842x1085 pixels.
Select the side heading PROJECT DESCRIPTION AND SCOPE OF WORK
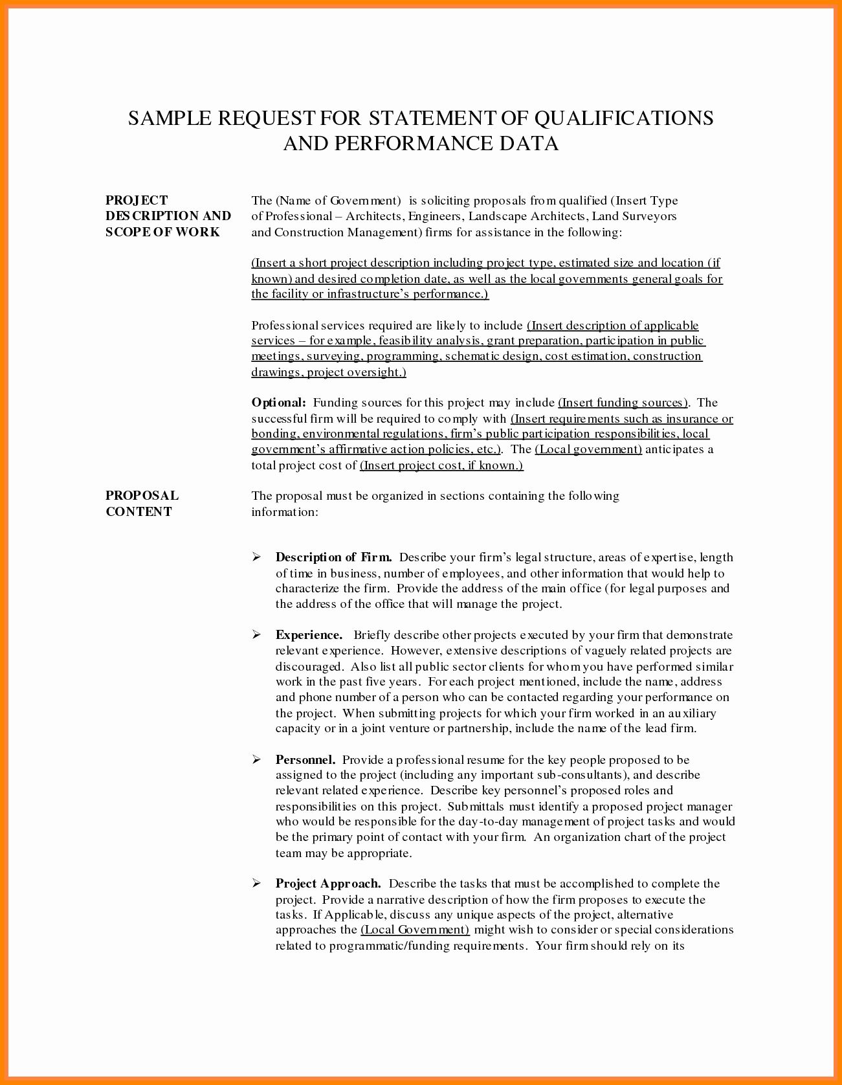(168, 216)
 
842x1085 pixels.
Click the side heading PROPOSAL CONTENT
(142, 503)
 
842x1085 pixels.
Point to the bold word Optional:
(278, 403)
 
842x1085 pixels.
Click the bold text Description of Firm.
(333, 557)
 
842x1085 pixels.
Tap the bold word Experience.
(309, 635)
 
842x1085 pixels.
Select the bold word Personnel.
(305, 759)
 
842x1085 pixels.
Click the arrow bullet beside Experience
(256, 635)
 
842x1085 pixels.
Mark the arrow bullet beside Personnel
(256, 759)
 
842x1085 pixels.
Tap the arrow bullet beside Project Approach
(256, 884)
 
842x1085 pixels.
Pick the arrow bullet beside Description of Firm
(256, 557)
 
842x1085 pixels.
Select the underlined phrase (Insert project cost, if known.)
(441, 465)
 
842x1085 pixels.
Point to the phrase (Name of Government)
(338, 201)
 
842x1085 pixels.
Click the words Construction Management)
(348, 232)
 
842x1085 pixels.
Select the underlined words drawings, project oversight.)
(328, 372)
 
